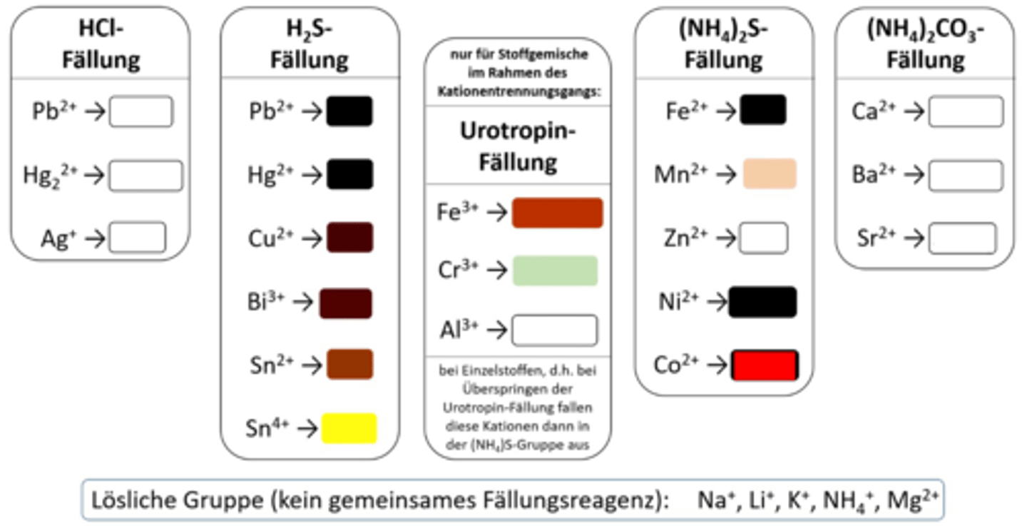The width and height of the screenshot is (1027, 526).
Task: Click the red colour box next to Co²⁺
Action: tap(765, 365)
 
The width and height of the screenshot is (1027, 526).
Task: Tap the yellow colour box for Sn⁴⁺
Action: tap(349, 428)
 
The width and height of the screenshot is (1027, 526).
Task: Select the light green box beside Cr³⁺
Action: tap(555, 270)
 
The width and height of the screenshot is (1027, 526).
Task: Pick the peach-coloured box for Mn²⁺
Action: tap(769, 173)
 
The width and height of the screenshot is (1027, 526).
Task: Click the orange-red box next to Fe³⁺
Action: tap(557, 213)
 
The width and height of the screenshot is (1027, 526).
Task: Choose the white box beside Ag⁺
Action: tap(138, 238)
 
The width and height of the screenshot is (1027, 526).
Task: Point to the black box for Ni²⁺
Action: tap(762, 302)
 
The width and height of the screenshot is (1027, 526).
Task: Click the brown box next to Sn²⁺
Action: tap(349, 364)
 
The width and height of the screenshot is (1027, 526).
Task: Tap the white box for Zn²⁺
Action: tap(763, 238)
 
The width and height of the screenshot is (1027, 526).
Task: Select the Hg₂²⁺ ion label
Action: tap(50, 175)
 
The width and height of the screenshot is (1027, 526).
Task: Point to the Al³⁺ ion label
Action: tap(459, 330)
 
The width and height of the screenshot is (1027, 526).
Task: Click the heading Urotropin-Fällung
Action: tap(518, 147)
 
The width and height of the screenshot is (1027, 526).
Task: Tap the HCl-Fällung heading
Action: tap(101, 44)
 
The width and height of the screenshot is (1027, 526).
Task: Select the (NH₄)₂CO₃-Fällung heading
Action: tap(925, 44)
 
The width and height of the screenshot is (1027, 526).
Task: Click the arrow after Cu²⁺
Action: tap(312, 238)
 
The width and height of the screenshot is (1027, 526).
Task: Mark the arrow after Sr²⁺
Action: tap(914, 238)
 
